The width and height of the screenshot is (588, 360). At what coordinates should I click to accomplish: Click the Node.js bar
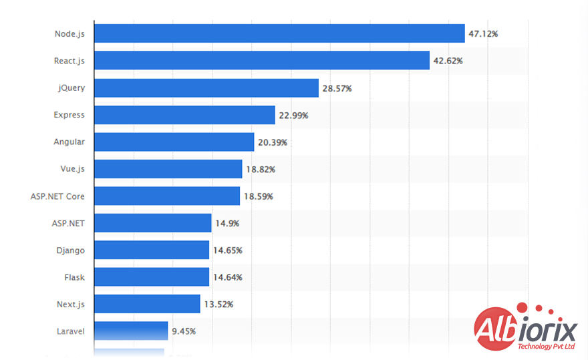(x=279, y=33)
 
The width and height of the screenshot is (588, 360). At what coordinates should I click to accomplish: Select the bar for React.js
(x=261, y=61)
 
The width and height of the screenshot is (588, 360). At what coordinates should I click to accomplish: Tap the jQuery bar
(x=206, y=88)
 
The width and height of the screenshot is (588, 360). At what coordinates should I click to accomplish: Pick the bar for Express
(x=184, y=115)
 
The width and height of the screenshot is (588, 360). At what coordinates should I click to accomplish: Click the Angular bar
(x=174, y=142)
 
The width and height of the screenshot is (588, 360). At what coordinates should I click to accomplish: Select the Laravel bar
(x=131, y=331)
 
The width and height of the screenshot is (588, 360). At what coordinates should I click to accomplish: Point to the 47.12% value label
(x=483, y=33)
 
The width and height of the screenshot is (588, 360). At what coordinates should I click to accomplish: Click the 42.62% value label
(x=448, y=61)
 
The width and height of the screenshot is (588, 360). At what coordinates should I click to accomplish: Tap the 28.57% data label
(x=337, y=88)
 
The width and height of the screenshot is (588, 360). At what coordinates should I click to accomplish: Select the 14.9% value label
(x=226, y=223)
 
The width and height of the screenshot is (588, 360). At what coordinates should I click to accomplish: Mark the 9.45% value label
(x=184, y=331)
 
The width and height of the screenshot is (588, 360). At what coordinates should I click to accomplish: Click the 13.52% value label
(x=218, y=304)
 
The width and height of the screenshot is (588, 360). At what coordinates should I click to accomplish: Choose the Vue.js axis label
(x=72, y=169)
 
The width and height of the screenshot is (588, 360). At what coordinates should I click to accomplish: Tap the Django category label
(x=70, y=250)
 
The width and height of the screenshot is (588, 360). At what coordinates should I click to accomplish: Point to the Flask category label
(x=74, y=277)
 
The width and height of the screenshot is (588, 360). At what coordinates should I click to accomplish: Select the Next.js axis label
(x=70, y=304)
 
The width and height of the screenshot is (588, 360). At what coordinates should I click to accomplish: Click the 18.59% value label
(x=258, y=196)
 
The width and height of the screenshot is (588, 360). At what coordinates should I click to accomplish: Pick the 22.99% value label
(x=293, y=115)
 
